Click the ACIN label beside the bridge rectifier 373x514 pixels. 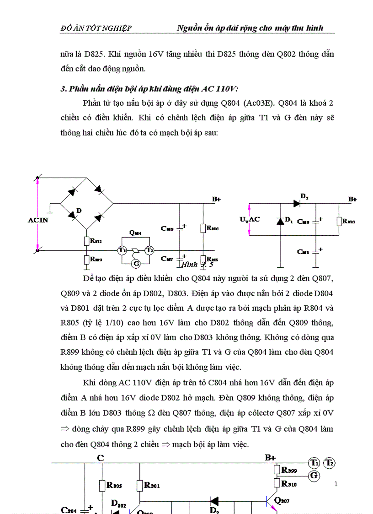point(38,220)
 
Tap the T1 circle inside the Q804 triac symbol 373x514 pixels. point(122,250)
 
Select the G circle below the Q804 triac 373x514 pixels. point(135,263)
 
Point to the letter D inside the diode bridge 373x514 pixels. point(79,211)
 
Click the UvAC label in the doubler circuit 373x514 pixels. point(250,219)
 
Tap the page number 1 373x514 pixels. point(336,484)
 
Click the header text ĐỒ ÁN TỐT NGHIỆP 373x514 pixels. point(96,28)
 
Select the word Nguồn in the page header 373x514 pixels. point(190,28)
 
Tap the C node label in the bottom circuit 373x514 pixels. point(101,457)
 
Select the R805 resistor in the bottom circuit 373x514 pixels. point(102,486)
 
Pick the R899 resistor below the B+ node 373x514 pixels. point(277,470)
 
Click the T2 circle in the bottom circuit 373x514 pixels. point(330,463)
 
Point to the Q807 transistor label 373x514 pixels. point(282,500)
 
